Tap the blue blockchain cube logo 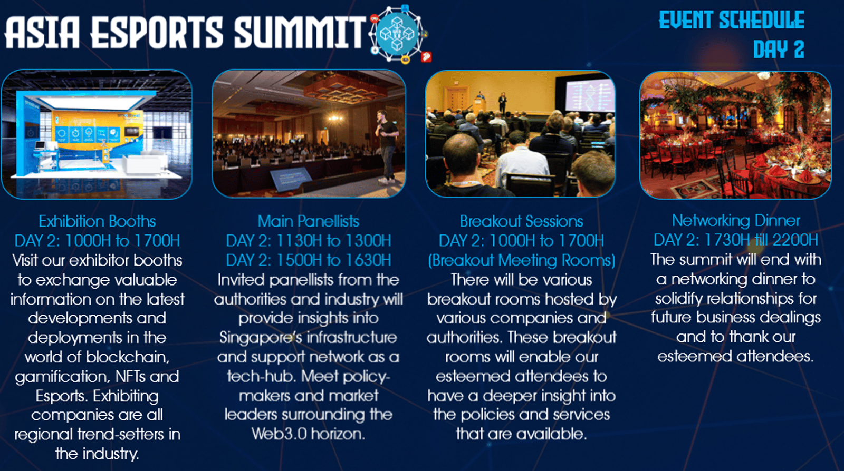tap(398, 34)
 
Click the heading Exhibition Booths tap(97, 221)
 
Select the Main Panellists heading tap(308, 221)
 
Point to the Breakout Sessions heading tap(522, 221)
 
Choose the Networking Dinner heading tap(736, 220)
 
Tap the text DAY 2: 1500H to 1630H tap(308, 260)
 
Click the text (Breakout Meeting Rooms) tap(522, 260)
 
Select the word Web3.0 tap(278, 434)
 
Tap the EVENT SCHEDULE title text tap(732, 20)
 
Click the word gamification tap(62, 377)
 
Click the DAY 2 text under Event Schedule tap(779, 50)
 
